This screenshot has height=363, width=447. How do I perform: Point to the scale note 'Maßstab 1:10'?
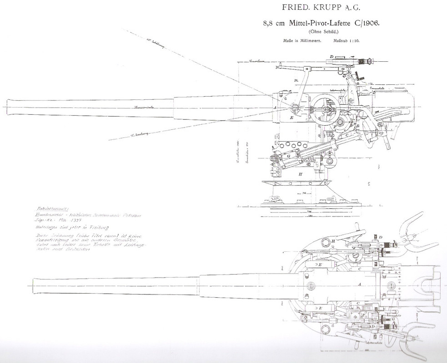[x=348, y=40]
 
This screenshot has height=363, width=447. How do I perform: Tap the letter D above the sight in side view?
[x=332, y=57]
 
